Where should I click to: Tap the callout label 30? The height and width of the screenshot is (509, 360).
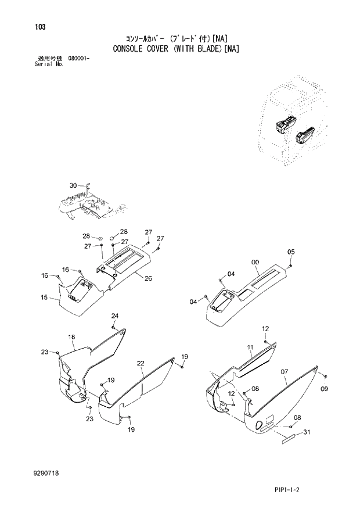[x=73, y=185]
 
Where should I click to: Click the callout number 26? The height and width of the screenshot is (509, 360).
[x=149, y=278]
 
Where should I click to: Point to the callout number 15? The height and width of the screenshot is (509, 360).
[x=44, y=297]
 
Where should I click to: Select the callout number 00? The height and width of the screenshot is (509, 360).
[x=255, y=263]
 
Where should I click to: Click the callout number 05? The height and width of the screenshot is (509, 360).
[x=291, y=252]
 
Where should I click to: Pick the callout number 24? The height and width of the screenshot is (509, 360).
[x=115, y=316]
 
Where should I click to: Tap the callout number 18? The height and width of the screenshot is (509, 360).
[x=71, y=337]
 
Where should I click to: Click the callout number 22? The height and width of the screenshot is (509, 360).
[x=141, y=363]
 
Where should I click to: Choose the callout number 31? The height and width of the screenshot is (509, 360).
[x=307, y=431]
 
